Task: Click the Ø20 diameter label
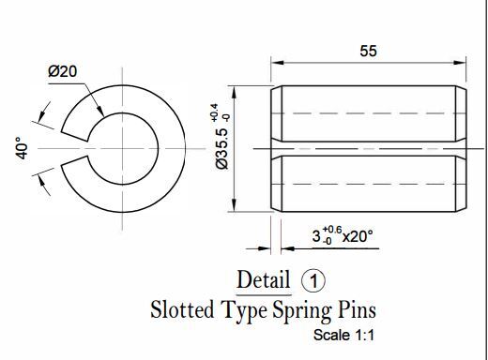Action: tap(62, 71)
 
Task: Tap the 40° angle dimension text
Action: tap(22, 148)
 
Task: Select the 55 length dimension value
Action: tap(368, 51)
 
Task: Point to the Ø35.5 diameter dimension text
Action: tap(222, 149)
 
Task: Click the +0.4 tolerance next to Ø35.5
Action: tap(214, 112)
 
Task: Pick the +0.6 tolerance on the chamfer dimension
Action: tap(332, 230)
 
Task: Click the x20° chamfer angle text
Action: tap(358, 236)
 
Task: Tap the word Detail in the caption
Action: tap(264, 279)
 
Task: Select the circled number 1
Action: tap(313, 280)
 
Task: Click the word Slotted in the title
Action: tap(182, 309)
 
